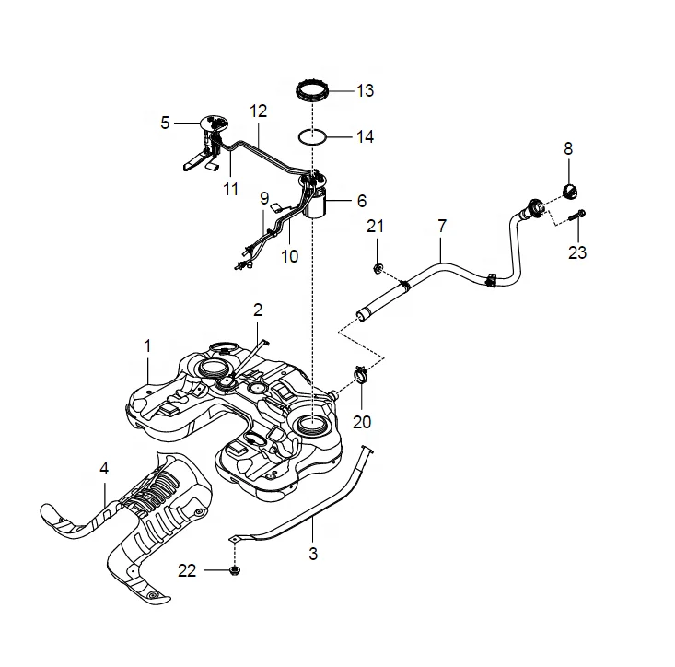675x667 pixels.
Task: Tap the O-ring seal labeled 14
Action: click(x=312, y=137)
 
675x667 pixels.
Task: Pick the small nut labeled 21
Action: click(x=378, y=268)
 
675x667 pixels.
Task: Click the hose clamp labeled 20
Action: click(x=362, y=376)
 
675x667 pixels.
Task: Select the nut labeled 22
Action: click(x=233, y=571)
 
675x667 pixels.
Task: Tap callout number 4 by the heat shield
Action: click(x=104, y=468)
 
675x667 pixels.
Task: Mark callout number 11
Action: click(x=230, y=189)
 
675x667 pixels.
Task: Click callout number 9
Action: click(x=263, y=198)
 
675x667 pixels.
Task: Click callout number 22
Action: click(x=187, y=571)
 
